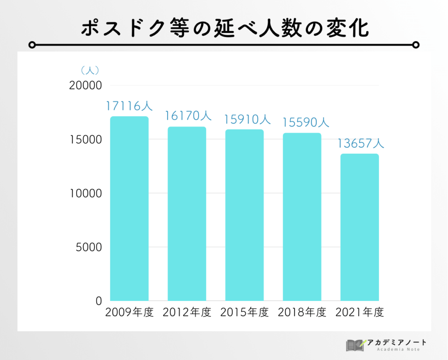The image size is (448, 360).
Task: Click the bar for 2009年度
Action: [x=129, y=208]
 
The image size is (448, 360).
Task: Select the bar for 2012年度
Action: [x=187, y=214]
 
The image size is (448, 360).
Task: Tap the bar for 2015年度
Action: [x=245, y=215]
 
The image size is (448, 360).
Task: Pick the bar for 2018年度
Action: [x=302, y=217]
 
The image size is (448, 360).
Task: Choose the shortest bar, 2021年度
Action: [x=360, y=227]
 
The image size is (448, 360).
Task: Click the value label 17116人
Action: [x=129, y=106]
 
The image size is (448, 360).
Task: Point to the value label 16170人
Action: [x=188, y=116]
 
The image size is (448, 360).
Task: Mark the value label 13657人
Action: [x=361, y=143]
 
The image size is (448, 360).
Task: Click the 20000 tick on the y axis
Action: [x=85, y=86]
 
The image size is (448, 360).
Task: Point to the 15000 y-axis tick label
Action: [x=85, y=140]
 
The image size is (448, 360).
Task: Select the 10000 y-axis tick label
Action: [x=85, y=194]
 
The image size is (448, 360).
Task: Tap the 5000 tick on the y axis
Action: [x=89, y=247]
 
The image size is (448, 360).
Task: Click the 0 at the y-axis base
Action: [x=98, y=301]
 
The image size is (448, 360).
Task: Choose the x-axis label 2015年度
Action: [x=245, y=313]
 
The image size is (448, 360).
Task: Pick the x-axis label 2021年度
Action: [x=360, y=313]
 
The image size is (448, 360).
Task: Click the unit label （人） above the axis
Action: [x=90, y=70]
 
